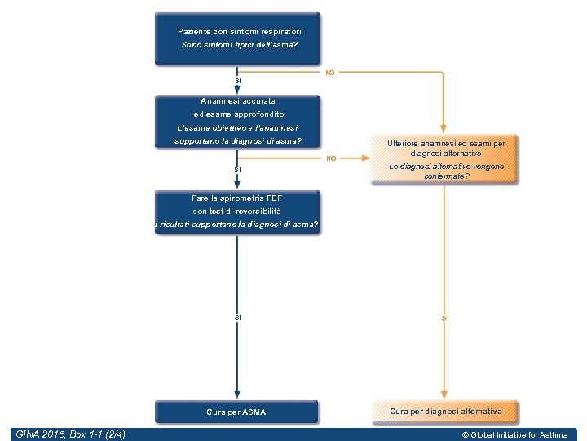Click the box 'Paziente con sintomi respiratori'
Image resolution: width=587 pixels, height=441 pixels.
tap(237, 38)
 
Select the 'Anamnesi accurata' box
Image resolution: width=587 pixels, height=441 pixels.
tap(237, 122)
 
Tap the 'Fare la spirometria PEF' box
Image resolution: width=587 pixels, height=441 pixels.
tap(237, 212)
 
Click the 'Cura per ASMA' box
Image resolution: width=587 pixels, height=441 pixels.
tap(236, 412)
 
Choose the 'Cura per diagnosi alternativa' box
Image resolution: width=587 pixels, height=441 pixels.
tap(445, 412)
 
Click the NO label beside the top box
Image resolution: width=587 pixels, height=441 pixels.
tap(330, 73)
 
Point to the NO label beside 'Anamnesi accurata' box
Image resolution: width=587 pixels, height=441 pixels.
tap(330, 158)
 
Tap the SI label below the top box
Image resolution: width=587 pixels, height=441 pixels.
tap(237, 81)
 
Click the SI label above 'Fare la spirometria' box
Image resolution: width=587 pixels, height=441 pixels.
tap(237, 170)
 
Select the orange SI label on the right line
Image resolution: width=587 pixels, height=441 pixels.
tap(445, 317)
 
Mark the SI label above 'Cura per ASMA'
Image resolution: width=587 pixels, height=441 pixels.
tap(237, 317)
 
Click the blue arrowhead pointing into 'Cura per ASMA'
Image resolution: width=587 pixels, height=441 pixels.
tap(237, 394)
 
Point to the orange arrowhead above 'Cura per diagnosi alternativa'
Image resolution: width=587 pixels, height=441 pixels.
tap(445, 394)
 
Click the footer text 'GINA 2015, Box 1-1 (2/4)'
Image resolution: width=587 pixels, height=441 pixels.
tap(71, 434)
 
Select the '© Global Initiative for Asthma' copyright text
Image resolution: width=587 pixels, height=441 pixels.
tap(514, 435)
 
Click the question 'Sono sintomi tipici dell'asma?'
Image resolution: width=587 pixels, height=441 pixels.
tap(239, 45)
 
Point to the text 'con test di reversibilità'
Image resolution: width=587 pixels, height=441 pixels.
tap(237, 211)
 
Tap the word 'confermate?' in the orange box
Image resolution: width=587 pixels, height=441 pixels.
tap(446, 176)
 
